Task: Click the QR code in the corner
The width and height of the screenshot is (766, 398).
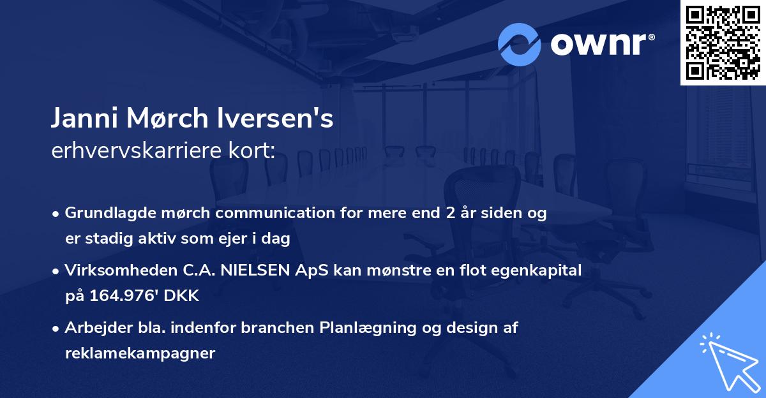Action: click(723, 43)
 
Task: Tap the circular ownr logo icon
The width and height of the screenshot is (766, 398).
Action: click(520, 45)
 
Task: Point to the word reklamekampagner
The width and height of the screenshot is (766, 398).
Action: click(140, 353)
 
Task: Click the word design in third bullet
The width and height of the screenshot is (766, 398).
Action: click(472, 328)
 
